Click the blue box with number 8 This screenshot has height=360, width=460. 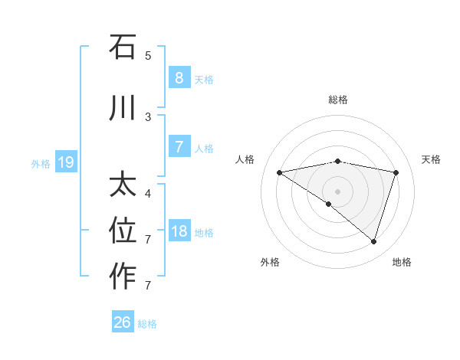click(x=179, y=77)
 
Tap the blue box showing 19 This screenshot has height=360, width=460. click(x=65, y=162)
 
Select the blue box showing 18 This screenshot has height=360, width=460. click(x=179, y=231)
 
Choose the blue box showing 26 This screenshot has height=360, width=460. click(x=122, y=322)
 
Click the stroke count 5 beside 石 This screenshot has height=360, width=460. click(x=148, y=55)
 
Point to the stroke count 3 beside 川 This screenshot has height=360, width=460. click(x=148, y=116)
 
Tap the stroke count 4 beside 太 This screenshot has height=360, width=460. click(x=148, y=193)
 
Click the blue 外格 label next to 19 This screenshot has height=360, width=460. click(x=41, y=163)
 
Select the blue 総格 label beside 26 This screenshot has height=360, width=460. click(x=147, y=324)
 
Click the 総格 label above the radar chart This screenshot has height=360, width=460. click(x=337, y=100)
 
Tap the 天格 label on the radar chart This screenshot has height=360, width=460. click(x=432, y=159)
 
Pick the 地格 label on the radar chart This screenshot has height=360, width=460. click(x=402, y=262)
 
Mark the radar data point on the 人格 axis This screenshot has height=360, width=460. click(x=279, y=172)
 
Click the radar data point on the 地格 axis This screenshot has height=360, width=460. click(x=373, y=241)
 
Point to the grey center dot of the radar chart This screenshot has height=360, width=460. click(x=337, y=191)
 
